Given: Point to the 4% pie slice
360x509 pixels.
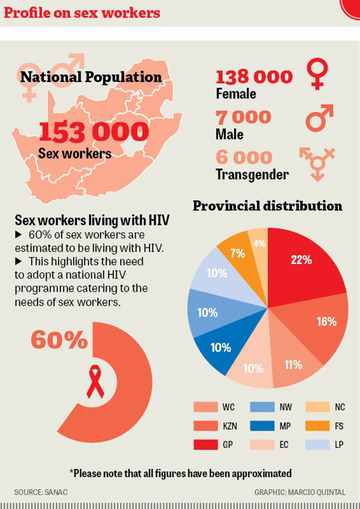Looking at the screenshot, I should [260, 243].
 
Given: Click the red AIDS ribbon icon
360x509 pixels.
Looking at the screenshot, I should [95, 382].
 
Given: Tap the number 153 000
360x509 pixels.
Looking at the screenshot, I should [94, 131].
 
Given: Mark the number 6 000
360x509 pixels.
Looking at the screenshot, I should [244, 158].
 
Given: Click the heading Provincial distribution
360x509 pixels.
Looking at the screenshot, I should [268, 206].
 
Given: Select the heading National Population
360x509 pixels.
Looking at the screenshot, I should [91, 77].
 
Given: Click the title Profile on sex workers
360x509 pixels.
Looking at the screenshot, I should [82, 13].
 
